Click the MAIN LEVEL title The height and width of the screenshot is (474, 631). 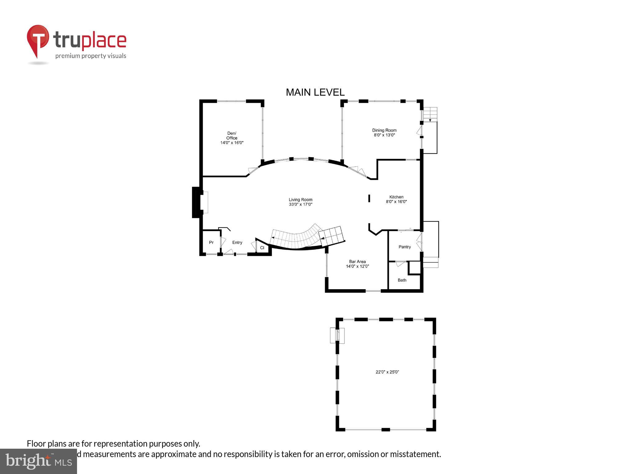tap(315, 92)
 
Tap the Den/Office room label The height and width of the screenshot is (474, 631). tap(232, 136)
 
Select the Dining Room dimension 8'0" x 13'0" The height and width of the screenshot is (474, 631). tap(384, 135)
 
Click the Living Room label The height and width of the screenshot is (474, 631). tap(300, 200)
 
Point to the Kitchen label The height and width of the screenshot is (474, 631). tap(396, 197)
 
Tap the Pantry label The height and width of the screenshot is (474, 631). tap(405, 247)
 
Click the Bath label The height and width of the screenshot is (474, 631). tap(402, 280)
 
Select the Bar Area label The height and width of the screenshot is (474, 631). tap(357, 261)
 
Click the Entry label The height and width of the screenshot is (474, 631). tap(237, 243)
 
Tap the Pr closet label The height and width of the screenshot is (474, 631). tap(211, 243)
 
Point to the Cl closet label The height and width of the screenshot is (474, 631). tap(262, 248)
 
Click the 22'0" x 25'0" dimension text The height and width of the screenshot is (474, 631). tap(387, 372)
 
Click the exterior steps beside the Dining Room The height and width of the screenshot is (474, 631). tap(430, 114)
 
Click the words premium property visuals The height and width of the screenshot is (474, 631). tap(91, 56)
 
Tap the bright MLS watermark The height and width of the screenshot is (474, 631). tap(39, 461)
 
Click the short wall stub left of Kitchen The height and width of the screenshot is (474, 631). tap(369, 198)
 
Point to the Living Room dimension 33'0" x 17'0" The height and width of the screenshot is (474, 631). tap(300, 204)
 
